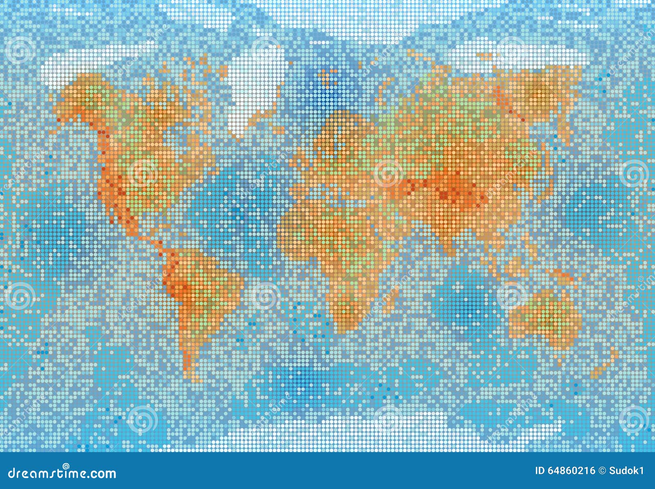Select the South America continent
pos(201,287)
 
